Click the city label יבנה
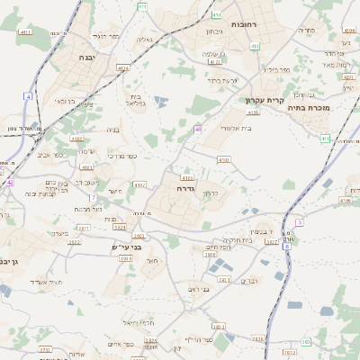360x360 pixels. point(86,57)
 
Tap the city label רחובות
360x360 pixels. point(245,24)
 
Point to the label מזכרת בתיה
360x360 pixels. point(316,107)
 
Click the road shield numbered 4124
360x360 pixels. point(123,67)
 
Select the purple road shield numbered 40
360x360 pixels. point(197,130)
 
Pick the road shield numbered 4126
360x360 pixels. point(253,112)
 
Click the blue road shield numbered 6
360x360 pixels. point(287,246)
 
